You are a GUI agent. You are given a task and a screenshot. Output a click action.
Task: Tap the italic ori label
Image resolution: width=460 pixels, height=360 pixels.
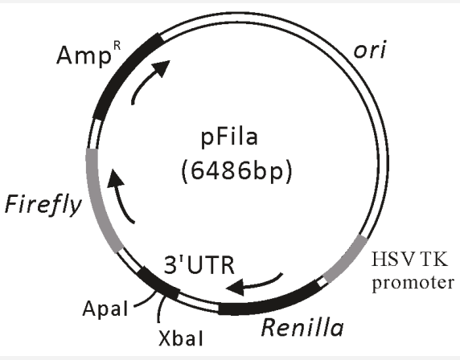point(370,50)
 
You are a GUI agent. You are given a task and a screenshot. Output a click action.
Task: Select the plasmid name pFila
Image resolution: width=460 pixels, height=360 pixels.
point(229,137)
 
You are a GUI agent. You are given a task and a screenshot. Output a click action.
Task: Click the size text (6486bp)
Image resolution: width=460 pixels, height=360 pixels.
point(237,171)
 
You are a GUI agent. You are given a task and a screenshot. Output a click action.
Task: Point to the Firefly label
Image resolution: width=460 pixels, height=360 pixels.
point(43,204)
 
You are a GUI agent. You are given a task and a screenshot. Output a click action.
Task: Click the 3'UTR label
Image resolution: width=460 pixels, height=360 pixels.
point(199,265)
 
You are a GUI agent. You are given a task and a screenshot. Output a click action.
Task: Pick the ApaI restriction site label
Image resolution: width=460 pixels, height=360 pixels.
point(105,309)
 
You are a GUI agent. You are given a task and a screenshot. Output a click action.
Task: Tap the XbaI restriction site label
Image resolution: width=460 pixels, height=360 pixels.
point(181,338)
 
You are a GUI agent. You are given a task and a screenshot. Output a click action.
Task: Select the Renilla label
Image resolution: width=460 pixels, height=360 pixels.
point(302,327)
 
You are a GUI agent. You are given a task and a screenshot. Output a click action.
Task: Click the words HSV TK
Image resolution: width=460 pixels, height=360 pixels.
point(409,260)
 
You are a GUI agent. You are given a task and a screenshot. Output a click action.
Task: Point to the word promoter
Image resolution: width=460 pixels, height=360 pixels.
point(413,283)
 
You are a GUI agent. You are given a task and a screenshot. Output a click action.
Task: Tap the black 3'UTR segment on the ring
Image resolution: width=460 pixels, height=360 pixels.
point(158,284)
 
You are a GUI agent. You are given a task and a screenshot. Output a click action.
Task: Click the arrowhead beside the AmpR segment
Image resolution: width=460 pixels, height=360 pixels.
point(162,67)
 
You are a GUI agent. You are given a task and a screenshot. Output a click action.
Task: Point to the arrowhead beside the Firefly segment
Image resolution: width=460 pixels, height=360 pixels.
point(115,178)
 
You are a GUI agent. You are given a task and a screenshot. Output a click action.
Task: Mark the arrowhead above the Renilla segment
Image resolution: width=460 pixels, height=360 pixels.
point(236,288)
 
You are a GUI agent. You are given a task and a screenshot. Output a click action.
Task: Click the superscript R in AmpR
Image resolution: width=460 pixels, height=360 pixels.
point(117,47)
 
